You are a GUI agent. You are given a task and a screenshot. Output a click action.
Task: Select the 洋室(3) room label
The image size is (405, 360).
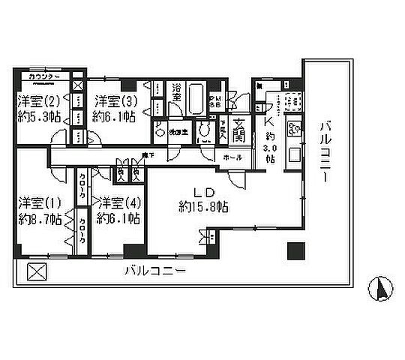pos(114,101)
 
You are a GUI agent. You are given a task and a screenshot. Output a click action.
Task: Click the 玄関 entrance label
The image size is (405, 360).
pos(240,131)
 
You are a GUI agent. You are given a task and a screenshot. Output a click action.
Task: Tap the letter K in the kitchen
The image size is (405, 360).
pos(269,122)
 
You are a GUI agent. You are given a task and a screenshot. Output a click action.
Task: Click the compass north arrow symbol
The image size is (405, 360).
pos(379,287)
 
